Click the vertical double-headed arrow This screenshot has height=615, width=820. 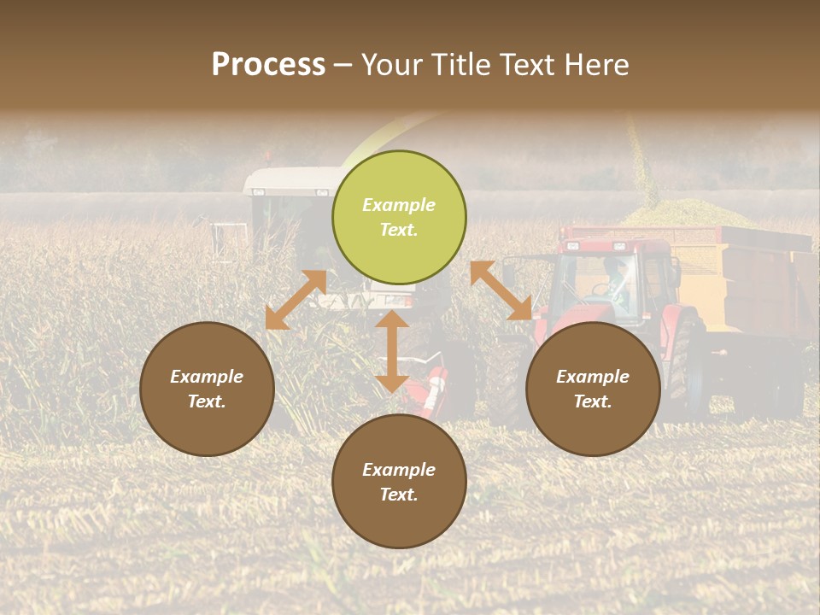click(x=392, y=351)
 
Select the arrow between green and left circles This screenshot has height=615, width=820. click(x=296, y=300)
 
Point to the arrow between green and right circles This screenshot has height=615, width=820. click(x=501, y=290)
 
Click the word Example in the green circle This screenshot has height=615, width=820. click(x=399, y=205)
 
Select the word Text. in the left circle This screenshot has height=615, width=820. click(x=207, y=401)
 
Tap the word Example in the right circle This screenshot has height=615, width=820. click(x=593, y=377)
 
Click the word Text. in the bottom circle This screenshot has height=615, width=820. click(x=399, y=495)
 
